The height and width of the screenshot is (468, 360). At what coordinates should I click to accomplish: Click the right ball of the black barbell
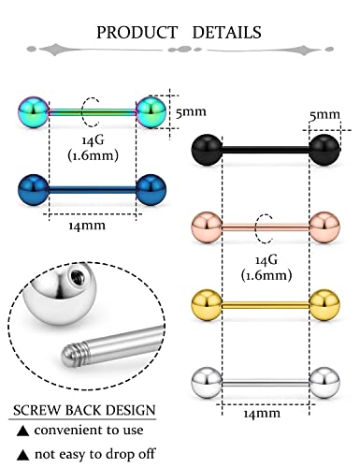click(x=324, y=148)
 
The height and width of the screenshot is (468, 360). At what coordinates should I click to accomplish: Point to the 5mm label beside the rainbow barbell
click(x=191, y=110)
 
